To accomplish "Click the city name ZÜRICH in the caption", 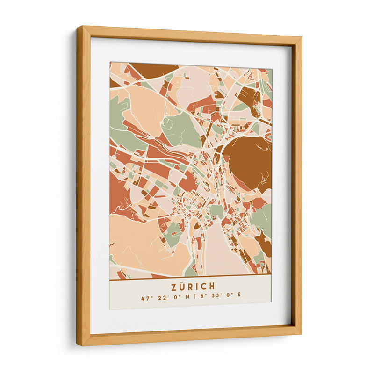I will (190, 286).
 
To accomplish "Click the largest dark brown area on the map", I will (248, 161).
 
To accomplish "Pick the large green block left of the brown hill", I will (181, 129).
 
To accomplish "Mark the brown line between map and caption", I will (190, 279).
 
